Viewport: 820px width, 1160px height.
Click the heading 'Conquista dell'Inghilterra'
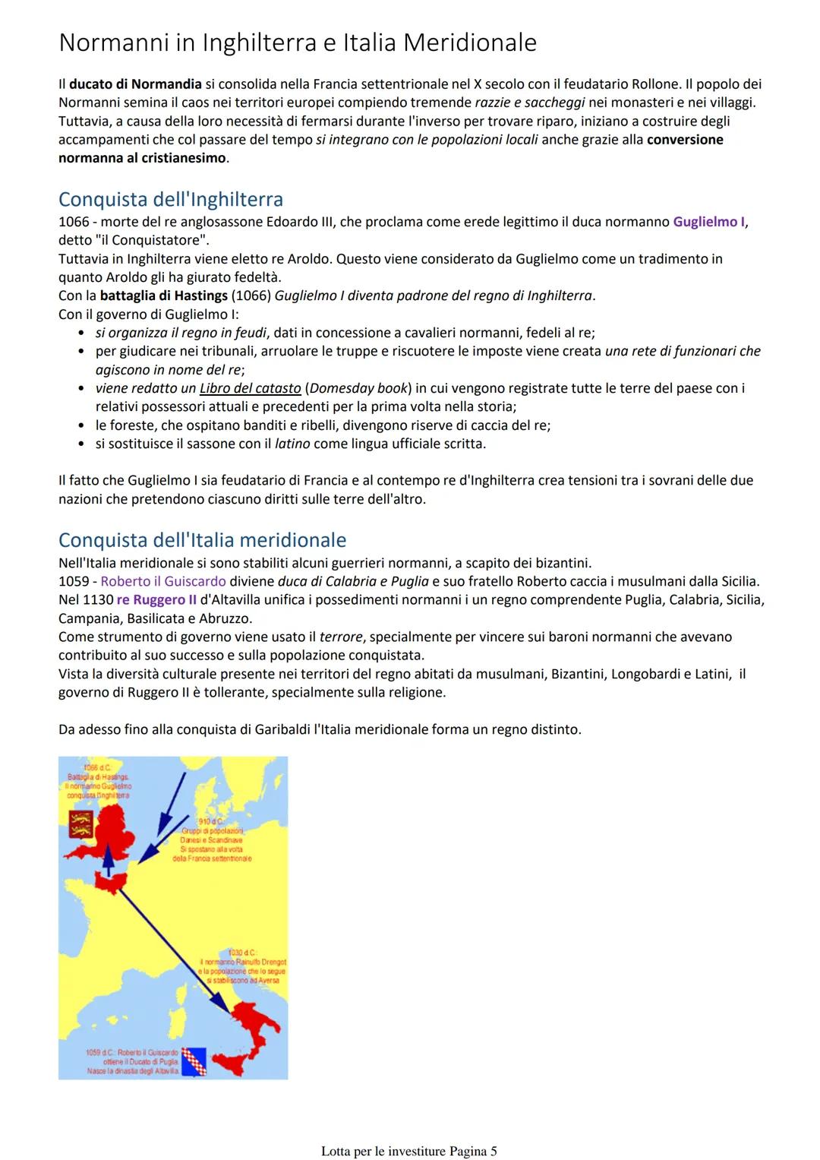(x=170, y=200)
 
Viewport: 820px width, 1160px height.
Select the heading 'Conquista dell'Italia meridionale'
(x=202, y=540)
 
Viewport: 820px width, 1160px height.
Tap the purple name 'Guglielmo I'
(x=708, y=222)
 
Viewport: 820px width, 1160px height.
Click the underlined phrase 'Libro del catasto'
(x=250, y=388)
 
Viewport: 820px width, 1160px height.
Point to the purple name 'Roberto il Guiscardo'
(x=163, y=581)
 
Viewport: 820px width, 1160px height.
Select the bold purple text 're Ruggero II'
(x=156, y=599)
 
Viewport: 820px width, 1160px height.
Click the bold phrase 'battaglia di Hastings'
(x=163, y=296)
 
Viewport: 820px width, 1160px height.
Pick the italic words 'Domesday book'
(x=358, y=388)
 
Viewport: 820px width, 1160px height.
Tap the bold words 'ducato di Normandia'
(x=135, y=84)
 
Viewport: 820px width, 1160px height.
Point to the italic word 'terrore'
(x=340, y=637)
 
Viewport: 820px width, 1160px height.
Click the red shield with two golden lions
(x=80, y=823)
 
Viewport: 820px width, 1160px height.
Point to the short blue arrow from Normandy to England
(x=109, y=861)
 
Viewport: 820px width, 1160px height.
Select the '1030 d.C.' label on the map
(x=242, y=952)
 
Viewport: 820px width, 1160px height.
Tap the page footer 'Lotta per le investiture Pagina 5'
(x=408, y=1151)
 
